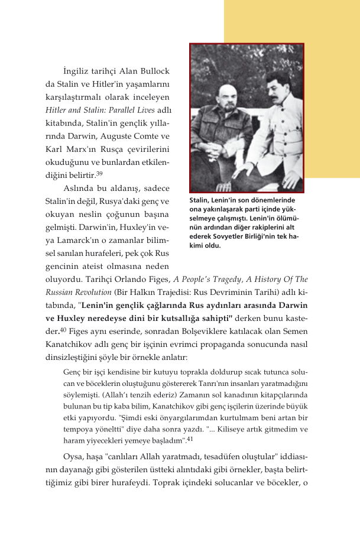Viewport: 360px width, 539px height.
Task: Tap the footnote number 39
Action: [100, 174]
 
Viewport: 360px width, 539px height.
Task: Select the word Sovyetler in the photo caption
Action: [233, 237]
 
